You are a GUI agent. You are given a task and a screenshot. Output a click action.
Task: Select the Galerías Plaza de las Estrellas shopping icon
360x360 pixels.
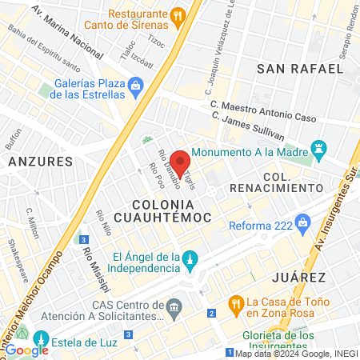click(136, 84)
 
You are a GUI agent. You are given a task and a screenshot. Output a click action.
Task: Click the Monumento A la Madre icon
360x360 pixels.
click(320, 148)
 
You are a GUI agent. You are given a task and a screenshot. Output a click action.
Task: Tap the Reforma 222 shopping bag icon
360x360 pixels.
click(303, 221)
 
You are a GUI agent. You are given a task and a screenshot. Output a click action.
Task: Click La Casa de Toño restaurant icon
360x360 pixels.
click(235, 303)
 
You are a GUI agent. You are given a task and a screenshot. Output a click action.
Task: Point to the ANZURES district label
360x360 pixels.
click(40, 161)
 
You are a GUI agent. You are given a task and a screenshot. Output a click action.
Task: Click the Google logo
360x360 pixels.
click(26, 350)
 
